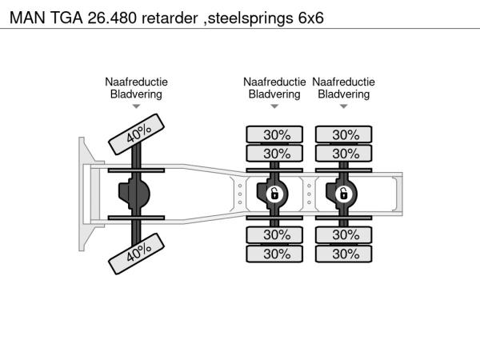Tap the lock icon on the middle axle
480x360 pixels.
[274, 194]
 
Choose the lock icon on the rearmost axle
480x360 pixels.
[343, 194]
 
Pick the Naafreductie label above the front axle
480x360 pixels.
[136, 82]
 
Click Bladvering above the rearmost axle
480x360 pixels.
[344, 94]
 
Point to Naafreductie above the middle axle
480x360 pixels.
[274, 82]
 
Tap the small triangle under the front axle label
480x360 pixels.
[136, 106]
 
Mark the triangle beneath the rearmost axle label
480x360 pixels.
[344, 106]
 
